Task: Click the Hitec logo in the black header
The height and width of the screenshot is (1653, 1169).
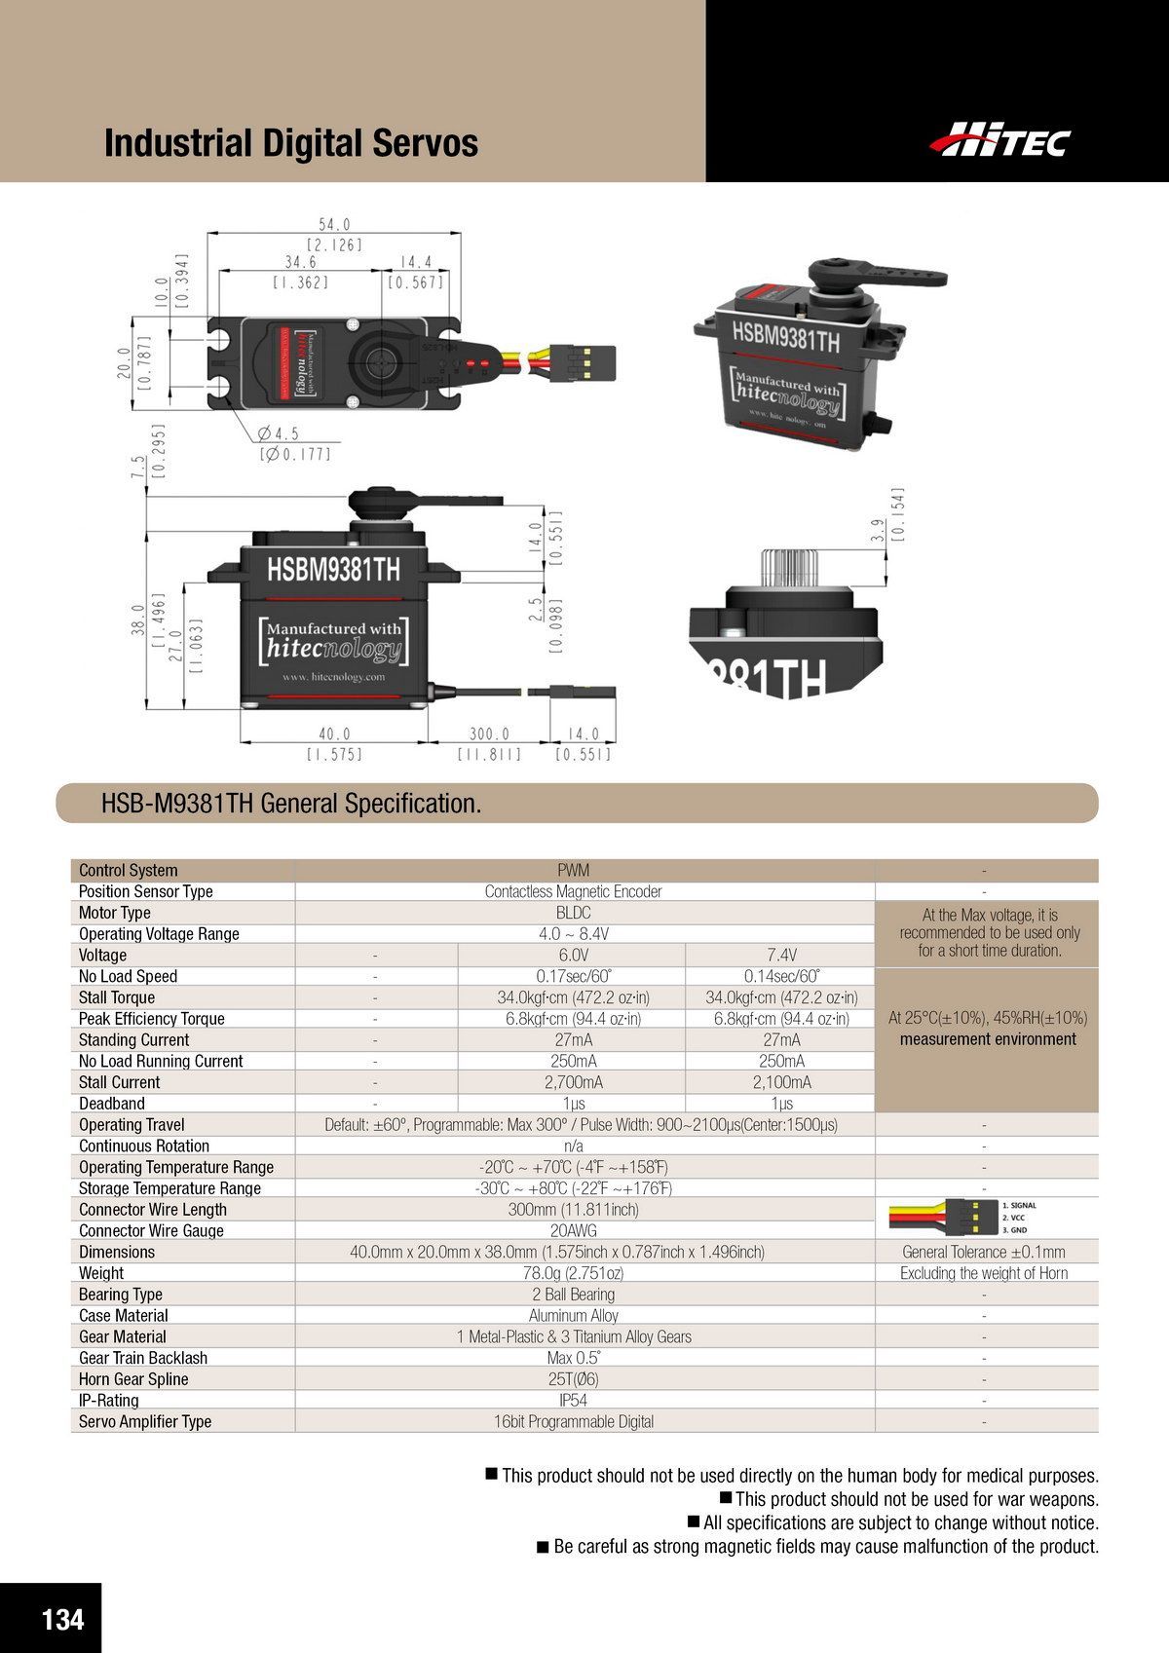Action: (999, 139)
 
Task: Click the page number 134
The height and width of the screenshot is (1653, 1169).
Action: (62, 1619)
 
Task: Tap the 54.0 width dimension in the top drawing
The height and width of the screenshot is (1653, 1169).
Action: (334, 224)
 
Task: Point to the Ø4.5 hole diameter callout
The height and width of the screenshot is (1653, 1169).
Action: (278, 433)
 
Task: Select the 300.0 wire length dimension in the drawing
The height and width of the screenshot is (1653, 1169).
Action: (489, 733)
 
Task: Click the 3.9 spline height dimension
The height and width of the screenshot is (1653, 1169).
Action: (878, 530)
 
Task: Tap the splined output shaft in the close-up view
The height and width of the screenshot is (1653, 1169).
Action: (787, 568)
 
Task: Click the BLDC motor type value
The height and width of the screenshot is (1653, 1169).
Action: (574, 913)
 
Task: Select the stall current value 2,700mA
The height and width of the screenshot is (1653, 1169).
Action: (574, 1082)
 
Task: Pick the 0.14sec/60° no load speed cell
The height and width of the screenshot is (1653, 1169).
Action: (781, 976)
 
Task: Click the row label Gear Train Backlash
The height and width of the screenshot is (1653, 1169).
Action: (143, 1358)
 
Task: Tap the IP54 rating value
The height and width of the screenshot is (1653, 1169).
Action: (574, 1401)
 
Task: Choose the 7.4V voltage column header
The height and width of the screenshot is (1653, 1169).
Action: (781, 955)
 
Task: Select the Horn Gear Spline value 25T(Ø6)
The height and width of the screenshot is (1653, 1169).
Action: (574, 1379)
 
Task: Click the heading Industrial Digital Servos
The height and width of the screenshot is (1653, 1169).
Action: (290, 143)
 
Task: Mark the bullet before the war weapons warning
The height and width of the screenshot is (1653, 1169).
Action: (726, 1497)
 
